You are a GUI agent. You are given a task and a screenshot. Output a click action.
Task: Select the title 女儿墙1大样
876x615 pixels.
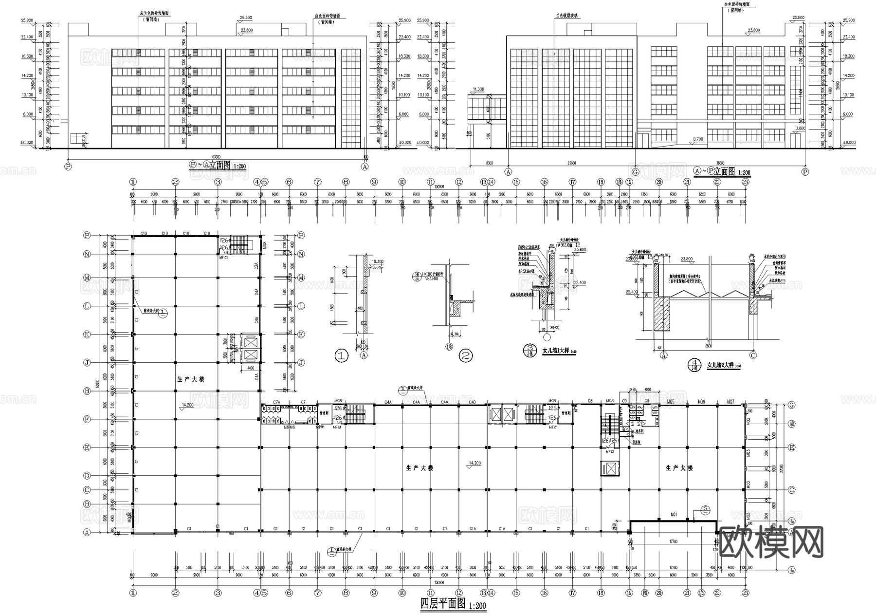point(557,350)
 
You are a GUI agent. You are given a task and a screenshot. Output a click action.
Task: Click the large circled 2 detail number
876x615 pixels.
point(466,356)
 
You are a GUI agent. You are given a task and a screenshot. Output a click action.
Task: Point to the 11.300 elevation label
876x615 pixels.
point(478,89)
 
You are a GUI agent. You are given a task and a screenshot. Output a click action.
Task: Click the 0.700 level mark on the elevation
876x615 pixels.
point(697,139)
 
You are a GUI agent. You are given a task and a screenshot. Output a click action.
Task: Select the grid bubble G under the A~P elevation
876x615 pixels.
point(635,172)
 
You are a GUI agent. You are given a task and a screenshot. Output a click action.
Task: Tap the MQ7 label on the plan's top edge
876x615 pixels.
point(730,402)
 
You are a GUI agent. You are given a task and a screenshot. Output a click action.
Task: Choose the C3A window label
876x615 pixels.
point(255,266)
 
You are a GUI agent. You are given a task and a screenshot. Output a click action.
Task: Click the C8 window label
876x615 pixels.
point(590,402)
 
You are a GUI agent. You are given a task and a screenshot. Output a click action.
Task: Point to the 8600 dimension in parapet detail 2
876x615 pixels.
point(708,345)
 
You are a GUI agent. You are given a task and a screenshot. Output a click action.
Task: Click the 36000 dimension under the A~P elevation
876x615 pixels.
point(720,163)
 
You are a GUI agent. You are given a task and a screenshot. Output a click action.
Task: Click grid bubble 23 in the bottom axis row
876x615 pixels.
point(745,593)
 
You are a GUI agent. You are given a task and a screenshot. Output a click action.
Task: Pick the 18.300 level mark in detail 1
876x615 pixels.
point(377,261)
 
